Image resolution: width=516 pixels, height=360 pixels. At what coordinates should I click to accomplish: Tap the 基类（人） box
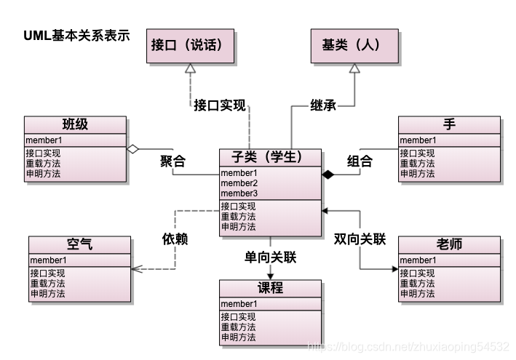pyautogui.click(x=354, y=44)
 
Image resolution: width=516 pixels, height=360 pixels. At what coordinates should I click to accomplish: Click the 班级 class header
pyautogui.click(x=76, y=124)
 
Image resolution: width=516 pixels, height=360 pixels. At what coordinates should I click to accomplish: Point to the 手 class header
pyautogui.click(x=449, y=124)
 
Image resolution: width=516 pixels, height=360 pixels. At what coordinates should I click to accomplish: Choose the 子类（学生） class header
pyautogui.click(x=271, y=157)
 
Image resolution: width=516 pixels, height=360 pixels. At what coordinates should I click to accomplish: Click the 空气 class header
pyautogui.click(x=80, y=245)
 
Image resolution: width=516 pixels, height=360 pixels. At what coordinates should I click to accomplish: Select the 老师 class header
pyautogui.click(x=450, y=245)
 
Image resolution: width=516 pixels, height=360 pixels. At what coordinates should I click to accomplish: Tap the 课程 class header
pyautogui.click(x=271, y=288)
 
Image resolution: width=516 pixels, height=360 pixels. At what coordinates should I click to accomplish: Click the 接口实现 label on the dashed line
pyautogui.click(x=220, y=105)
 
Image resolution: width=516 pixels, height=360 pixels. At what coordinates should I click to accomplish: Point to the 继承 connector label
pyautogui.click(x=323, y=105)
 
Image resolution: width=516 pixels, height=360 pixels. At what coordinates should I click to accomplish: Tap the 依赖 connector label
pyautogui.click(x=175, y=238)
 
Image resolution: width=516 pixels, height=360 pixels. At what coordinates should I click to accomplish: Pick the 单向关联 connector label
pyautogui.click(x=271, y=257)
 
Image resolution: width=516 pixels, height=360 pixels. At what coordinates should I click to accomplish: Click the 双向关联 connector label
pyautogui.click(x=360, y=238)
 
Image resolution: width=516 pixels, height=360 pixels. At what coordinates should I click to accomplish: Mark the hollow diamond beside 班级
pyautogui.click(x=132, y=148)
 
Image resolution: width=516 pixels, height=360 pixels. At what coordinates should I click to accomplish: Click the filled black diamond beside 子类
pyautogui.click(x=328, y=175)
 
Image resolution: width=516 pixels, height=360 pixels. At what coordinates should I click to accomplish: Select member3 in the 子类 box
pyautogui.click(x=239, y=193)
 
